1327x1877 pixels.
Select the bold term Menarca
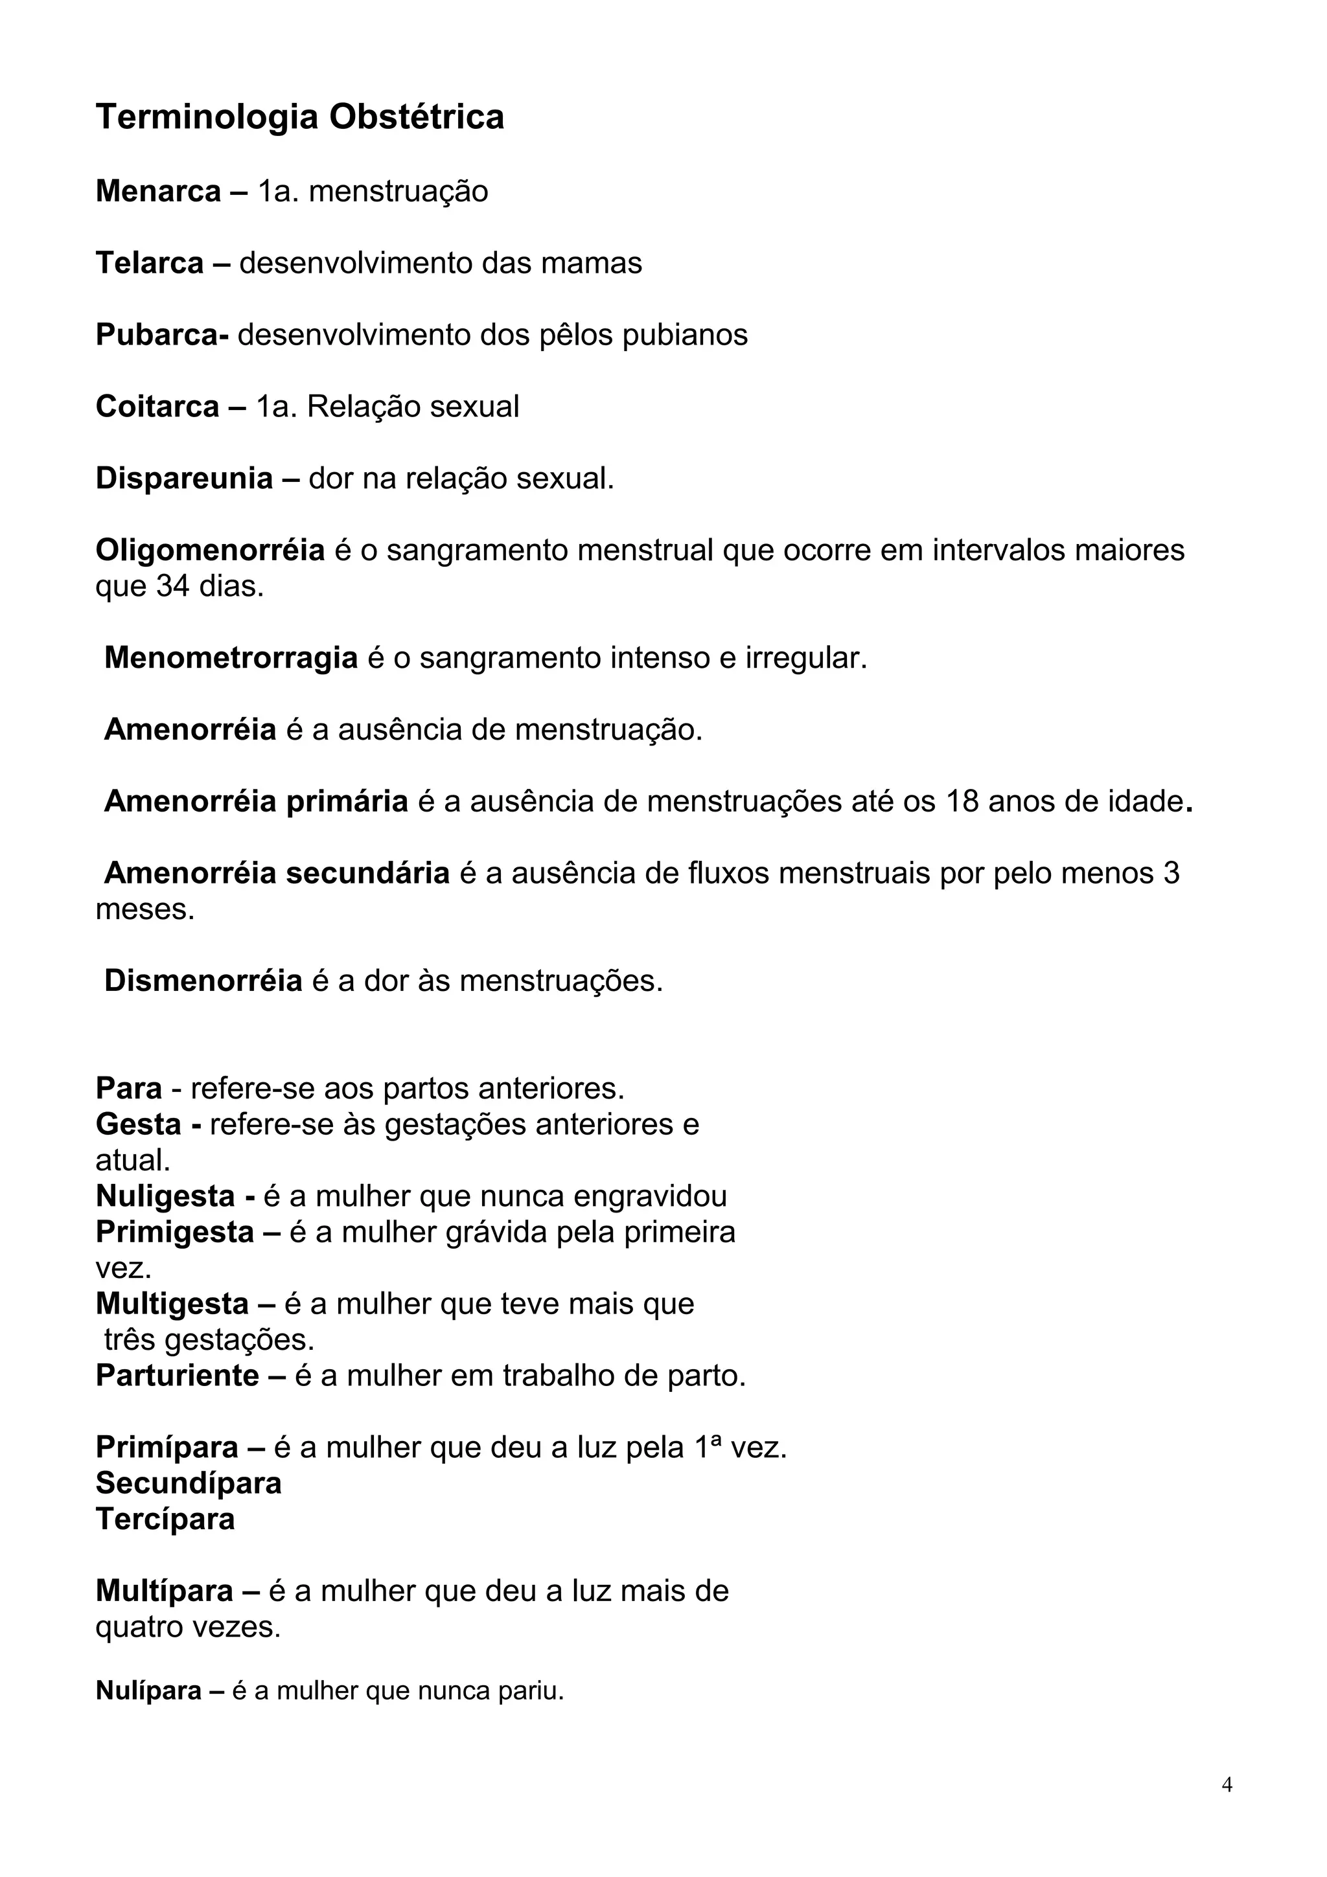point(158,191)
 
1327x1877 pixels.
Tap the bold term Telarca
point(149,263)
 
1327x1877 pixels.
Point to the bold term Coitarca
point(157,406)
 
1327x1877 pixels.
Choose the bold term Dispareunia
point(184,478)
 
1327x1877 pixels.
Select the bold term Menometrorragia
point(231,658)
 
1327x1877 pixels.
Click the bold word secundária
point(367,873)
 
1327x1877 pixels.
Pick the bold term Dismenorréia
point(203,981)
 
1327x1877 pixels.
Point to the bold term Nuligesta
point(165,1196)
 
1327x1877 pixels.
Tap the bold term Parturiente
point(177,1376)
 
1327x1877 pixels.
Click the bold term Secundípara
point(188,1483)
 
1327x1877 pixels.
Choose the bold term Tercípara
point(165,1519)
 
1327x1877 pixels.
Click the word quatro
point(139,1627)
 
